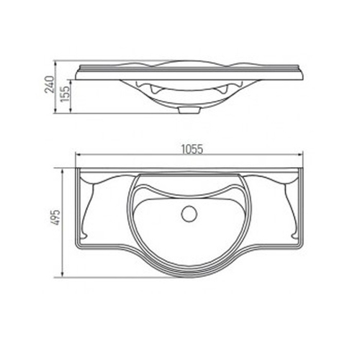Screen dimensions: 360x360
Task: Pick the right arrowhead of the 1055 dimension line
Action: (x=302, y=157)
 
